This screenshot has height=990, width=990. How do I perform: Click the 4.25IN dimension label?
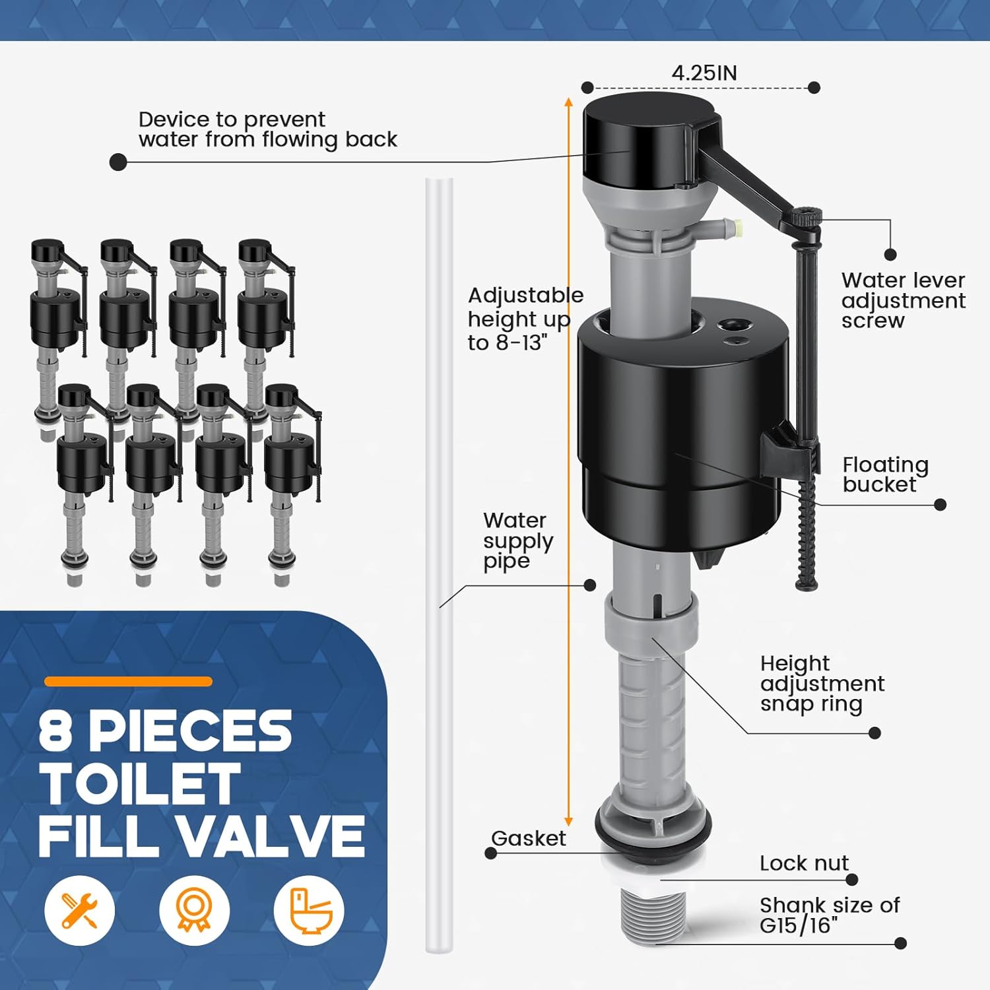click(x=704, y=73)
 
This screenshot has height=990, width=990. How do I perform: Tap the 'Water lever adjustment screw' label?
click(x=902, y=300)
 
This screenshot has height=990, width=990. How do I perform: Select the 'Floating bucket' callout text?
click(x=885, y=475)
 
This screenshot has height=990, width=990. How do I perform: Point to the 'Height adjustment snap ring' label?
click(x=822, y=684)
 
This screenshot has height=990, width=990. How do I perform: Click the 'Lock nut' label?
click(x=804, y=863)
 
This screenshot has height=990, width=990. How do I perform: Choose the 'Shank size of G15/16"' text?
click(x=829, y=915)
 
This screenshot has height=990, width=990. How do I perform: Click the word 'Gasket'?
click(x=528, y=838)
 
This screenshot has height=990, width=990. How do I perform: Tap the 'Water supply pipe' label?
click(x=517, y=541)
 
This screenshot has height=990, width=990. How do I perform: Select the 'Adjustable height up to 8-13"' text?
click(x=525, y=319)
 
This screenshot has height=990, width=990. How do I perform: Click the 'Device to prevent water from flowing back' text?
click(x=267, y=129)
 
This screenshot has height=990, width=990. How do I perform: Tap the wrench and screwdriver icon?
click(x=79, y=910)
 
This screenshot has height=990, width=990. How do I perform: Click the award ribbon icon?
click(x=194, y=910)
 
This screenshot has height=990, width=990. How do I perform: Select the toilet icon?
click(x=309, y=910)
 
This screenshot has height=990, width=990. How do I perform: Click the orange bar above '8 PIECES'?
click(x=128, y=682)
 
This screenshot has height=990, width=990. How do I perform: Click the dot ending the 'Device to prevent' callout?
click(x=118, y=162)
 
